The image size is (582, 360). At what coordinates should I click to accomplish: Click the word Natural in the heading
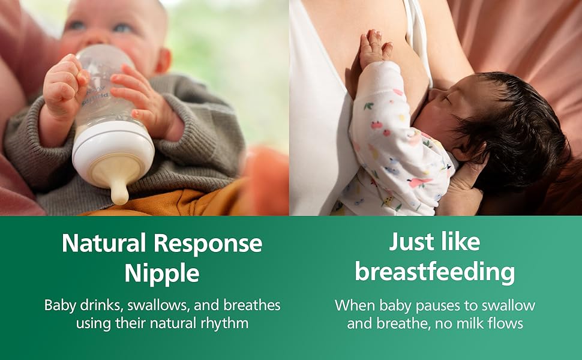pos(104,243)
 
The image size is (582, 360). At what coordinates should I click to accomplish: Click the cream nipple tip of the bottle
pos(119,192)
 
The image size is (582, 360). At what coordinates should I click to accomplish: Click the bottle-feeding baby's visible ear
pos(164,61)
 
